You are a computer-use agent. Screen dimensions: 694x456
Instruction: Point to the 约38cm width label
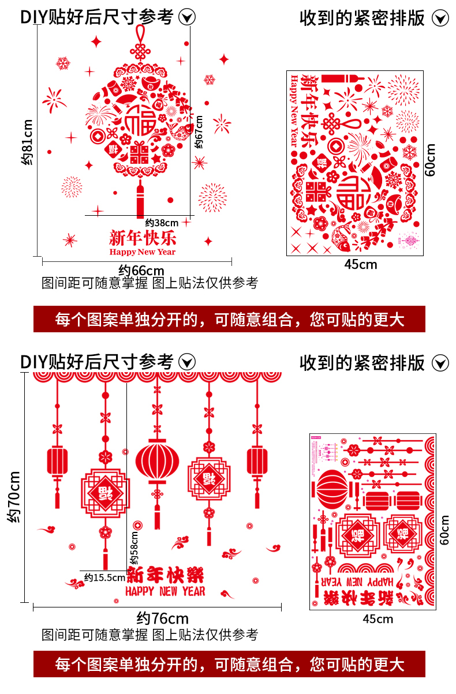pos(162,222)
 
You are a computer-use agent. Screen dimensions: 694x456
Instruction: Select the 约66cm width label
pos(141,270)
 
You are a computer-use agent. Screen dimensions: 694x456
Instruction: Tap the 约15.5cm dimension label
pos(104,577)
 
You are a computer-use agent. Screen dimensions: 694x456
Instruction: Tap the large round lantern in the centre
pos(157,462)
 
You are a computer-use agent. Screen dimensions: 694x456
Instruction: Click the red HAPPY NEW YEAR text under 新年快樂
pos(165,591)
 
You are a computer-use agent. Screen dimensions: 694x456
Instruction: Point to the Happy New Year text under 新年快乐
pos(142,252)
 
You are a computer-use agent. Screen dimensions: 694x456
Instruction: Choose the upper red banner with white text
pos(229,319)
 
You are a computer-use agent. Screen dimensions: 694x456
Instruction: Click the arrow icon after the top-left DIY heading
pos(186,17)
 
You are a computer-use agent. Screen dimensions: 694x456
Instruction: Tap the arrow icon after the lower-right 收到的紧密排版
pos(440,363)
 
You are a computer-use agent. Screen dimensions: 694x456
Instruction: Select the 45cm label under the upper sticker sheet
pos(360,264)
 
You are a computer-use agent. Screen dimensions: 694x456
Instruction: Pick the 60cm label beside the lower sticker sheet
pos(444,530)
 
